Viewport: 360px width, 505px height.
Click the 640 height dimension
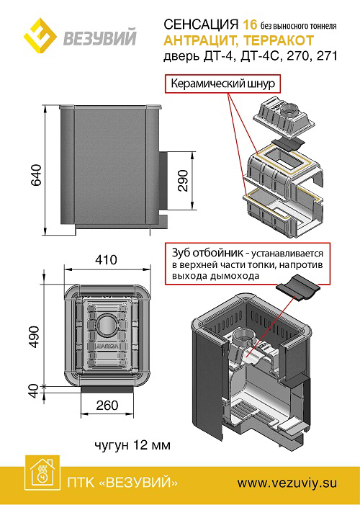coord(37,174)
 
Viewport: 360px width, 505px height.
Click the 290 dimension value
coord(183,181)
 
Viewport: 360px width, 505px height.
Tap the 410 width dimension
coord(107,259)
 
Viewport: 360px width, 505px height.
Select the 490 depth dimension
coord(34,336)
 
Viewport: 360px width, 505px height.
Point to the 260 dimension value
coord(107,405)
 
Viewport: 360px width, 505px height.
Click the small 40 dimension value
coord(34,390)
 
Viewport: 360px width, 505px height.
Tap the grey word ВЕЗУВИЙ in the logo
coord(100,37)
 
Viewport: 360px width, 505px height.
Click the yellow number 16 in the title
coord(250,24)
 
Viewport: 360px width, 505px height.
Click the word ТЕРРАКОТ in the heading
coord(279,40)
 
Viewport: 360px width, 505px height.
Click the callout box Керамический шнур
coord(222,84)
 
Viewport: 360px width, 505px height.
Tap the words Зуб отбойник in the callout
coord(207,253)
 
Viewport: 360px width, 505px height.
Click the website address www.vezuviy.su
coord(287,483)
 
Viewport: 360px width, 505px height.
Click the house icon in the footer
coord(43,473)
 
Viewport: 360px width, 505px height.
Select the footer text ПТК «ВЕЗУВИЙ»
coord(122,483)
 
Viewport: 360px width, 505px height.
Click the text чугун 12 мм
coord(132,445)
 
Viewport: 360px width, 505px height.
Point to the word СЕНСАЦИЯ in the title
coord(201,24)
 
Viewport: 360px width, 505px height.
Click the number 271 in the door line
coord(327,56)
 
